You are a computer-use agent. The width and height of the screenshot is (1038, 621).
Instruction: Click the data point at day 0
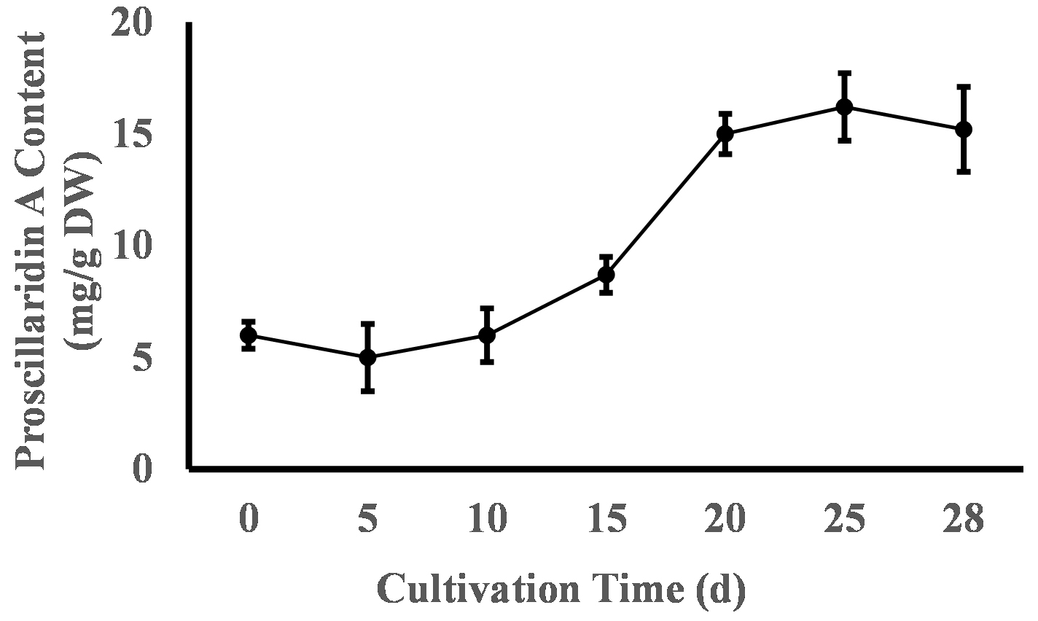coord(249,335)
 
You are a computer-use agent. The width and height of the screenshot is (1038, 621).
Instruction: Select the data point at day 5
coord(368,357)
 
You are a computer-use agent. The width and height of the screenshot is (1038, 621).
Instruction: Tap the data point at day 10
coord(487,335)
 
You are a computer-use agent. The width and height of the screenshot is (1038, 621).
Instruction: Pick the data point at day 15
coord(606,275)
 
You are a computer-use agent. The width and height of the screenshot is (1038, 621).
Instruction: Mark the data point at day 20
coord(725,133)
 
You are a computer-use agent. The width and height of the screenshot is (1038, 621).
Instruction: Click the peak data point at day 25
coord(844,107)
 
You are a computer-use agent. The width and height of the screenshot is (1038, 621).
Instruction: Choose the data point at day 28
coord(964,129)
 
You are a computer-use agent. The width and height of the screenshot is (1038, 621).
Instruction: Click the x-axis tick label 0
coord(249,522)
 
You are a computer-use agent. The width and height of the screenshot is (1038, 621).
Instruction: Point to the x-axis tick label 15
coord(606,522)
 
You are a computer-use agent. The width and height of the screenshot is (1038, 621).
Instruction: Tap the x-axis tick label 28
coord(964,522)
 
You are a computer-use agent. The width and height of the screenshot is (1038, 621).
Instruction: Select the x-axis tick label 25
coord(844,522)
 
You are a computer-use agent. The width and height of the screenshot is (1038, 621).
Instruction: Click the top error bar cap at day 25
coord(844,73)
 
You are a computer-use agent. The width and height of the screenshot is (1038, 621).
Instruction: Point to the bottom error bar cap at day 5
coord(368,391)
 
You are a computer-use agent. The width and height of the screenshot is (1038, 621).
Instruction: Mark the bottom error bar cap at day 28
coord(964,171)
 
